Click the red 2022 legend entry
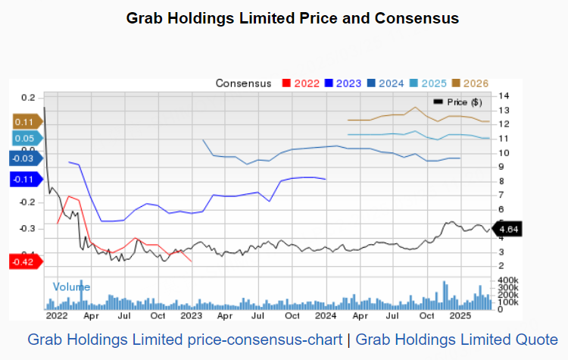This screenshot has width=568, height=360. coord(301,83)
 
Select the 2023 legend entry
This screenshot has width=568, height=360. coord(343,83)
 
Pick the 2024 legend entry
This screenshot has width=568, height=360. coord(385,83)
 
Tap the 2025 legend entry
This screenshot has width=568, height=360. coord(428,83)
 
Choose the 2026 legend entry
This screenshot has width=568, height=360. coord(470,83)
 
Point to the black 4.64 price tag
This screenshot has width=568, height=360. coord(505,227)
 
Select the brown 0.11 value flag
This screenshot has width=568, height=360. coord(25,121)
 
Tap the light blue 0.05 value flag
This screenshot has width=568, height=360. coord(25,139)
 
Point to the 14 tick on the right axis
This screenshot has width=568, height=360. coord(503,95)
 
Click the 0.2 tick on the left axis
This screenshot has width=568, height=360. coord(28,97)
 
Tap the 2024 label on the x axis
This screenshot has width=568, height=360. coord(325,315)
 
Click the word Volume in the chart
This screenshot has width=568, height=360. coord(71,286)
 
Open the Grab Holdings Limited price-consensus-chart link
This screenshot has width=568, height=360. coord(185,340)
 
